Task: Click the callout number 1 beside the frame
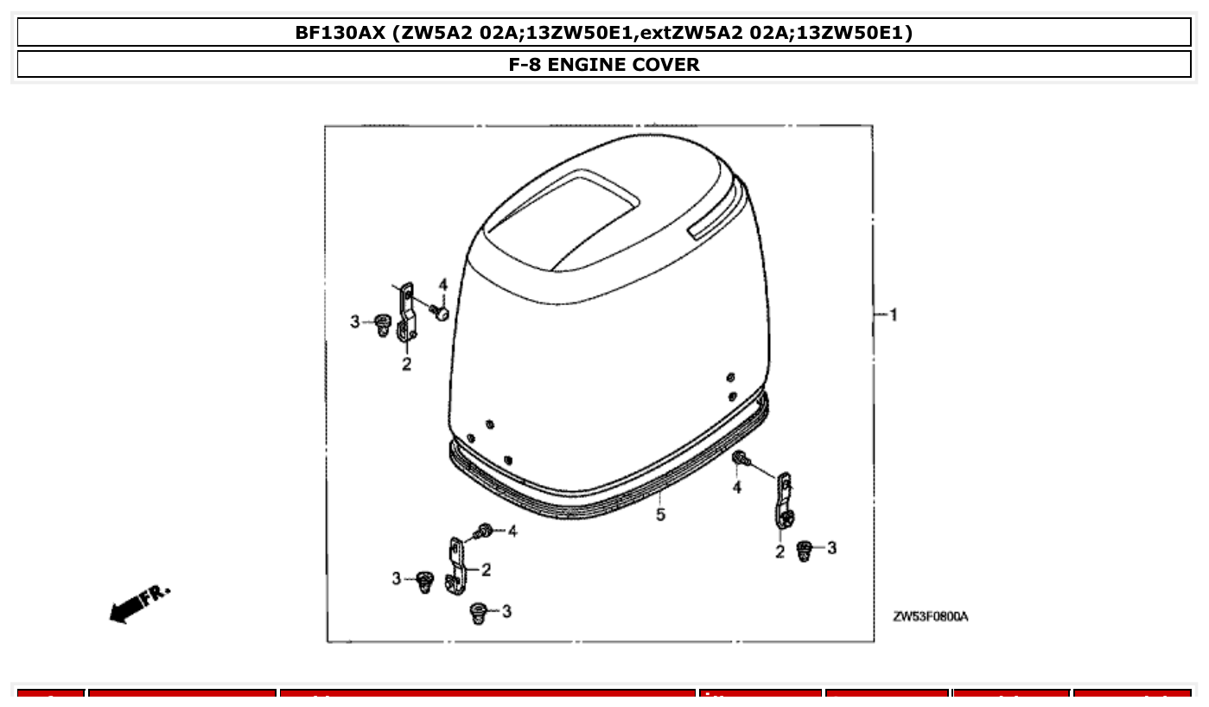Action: (894, 315)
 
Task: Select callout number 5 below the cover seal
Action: (660, 515)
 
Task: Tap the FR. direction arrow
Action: (138, 603)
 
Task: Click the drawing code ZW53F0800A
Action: (930, 617)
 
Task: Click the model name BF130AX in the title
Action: (340, 33)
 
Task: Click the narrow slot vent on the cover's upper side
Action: (716, 221)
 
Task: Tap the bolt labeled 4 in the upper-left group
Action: (441, 313)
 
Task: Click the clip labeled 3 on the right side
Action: (804, 550)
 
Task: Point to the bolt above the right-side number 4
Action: (740, 460)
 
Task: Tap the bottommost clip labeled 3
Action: (476, 613)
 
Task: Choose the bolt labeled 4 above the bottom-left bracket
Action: (485, 531)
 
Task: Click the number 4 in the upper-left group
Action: (442, 284)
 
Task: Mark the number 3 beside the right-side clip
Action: (831, 548)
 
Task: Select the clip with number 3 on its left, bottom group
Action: (424, 580)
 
